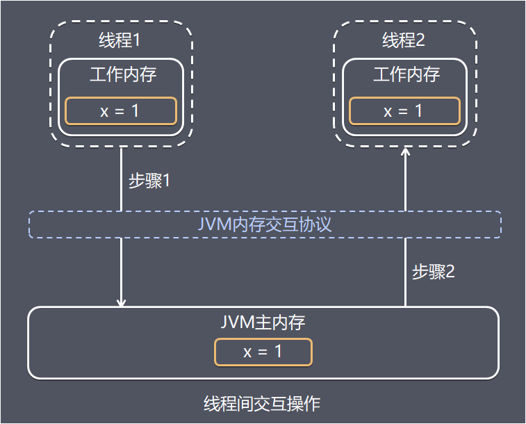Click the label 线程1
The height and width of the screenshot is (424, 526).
pyautogui.click(x=121, y=41)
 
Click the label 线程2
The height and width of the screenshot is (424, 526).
pyautogui.click(x=404, y=41)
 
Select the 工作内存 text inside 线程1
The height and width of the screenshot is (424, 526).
pyautogui.click(x=121, y=74)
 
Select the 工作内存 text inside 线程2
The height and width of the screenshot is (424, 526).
pyautogui.click(x=404, y=74)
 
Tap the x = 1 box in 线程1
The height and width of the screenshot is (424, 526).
pyautogui.click(x=121, y=111)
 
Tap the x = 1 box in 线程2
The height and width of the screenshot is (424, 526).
pyautogui.click(x=404, y=111)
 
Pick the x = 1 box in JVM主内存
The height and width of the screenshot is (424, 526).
pyautogui.click(x=263, y=352)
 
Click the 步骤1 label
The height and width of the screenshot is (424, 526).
pyautogui.click(x=149, y=181)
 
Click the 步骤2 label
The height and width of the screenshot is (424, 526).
pyautogui.click(x=434, y=272)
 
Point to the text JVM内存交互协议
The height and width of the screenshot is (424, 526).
pyautogui.click(x=263, y=225)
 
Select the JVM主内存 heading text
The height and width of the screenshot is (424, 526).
pyautogui.click(x=263, y=323)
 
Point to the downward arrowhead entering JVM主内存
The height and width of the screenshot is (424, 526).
pyautogui.click(x=122, y=303)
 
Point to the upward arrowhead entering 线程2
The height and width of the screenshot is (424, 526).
pyautogui.click(x=406, y=152)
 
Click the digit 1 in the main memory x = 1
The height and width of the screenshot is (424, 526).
pyautogui.click(x=278, y=352)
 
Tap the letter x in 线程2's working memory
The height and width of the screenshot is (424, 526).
pyautogui.click(x=388, y=112)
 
